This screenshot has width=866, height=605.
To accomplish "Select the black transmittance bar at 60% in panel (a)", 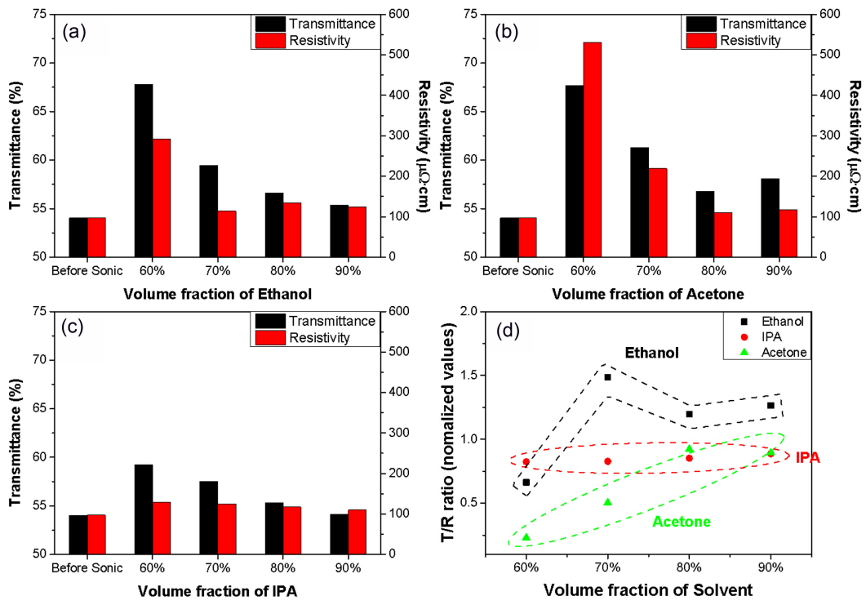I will (x=144, y=171).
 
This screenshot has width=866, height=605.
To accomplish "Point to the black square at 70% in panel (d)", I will (x=607, y=377).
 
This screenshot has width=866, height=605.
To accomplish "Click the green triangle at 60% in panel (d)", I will (x=526, y=537).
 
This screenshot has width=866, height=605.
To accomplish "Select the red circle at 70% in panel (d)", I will (x=607, y=461).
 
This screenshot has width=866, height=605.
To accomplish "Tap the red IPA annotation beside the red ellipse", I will (x=807, y=458).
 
